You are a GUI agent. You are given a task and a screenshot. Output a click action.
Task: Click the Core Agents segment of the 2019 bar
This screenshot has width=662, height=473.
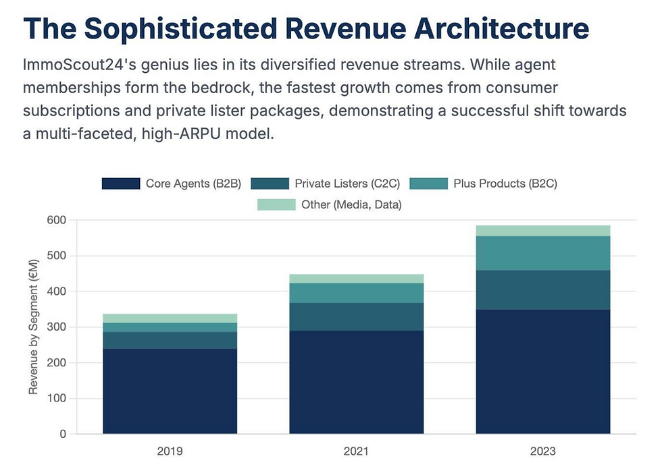(170, 391)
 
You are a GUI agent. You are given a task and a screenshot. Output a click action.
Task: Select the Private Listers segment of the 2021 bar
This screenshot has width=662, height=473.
(356, 316)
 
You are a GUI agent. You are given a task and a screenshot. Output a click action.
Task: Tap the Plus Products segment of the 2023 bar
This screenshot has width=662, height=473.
(543, 253)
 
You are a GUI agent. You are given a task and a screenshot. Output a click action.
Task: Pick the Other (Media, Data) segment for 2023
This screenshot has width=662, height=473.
(543, 231)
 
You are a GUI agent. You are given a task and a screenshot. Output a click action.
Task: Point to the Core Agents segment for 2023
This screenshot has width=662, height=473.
(543, 371)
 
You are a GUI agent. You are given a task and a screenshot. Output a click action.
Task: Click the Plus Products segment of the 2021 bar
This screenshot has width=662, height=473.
(356, 293)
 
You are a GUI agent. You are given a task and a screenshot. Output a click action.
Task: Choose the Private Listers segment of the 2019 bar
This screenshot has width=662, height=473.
(170, 340)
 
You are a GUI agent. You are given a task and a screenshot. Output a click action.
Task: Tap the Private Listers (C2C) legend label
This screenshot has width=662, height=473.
(347, 184)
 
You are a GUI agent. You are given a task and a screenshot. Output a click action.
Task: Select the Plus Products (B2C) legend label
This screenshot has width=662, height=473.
(505, 184)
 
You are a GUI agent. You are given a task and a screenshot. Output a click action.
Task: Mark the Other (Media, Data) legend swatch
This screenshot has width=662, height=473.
(276, 204)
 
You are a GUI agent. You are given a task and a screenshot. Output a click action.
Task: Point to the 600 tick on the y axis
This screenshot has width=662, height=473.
(57, 220)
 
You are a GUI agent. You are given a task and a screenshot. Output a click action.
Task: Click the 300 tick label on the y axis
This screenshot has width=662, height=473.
(57, 327)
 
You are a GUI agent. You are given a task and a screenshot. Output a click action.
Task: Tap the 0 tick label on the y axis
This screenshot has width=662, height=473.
(63, 434)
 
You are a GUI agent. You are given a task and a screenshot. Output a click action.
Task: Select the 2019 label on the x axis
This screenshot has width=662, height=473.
(170, 451)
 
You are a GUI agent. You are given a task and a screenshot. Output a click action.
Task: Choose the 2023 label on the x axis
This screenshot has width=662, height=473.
(543, 451)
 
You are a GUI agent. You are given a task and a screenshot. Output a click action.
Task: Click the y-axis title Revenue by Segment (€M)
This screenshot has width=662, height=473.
(33, 327)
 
